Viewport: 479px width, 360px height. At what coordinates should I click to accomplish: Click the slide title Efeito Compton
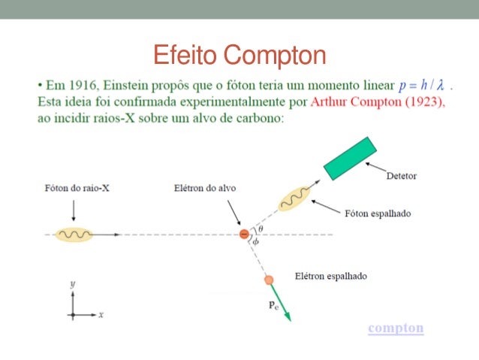[x=239, y=55]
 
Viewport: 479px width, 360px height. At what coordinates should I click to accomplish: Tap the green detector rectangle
[x=350, y=158]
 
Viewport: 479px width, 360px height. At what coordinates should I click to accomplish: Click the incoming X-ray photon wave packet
[x=75, y=234]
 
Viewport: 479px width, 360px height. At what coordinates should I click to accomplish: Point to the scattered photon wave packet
[x=294, y=199]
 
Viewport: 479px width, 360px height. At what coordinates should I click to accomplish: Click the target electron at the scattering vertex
[x=244, y=234]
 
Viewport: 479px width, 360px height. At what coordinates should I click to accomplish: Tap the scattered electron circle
[x=269, y=280]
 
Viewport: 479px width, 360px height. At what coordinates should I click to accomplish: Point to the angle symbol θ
[x=260, y=228]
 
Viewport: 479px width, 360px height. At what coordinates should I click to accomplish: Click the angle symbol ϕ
[x=256, y=242]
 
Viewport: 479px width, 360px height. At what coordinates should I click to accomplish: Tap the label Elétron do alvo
[x=200, y=188]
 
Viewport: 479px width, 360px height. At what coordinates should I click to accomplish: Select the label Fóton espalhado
[x=377, y=213]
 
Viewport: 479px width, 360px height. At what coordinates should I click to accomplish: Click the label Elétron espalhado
[x=331, y=276]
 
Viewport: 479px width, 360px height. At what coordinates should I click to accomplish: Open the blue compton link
[x=396, y=328]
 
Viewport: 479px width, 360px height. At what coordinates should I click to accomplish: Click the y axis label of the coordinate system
[x=72, y=284]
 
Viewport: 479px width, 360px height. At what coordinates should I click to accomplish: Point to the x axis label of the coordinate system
[x=101, y=314]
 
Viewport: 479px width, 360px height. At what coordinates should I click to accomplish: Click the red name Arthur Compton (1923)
[x=377, y=103]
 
